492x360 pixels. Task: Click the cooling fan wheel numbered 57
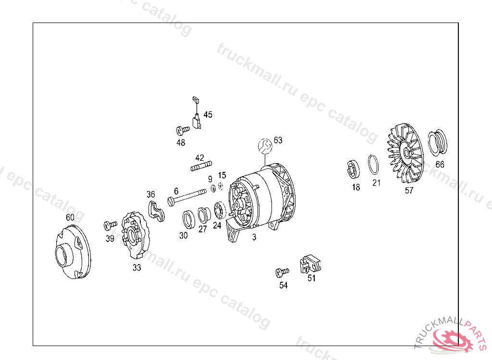click(x=405, y=153)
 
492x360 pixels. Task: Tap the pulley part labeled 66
click(x=437, y=143)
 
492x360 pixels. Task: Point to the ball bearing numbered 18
click(x=353, y=169)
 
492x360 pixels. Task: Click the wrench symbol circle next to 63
click(x=265, y=146)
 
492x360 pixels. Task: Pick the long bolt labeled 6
click(x=187, y=197)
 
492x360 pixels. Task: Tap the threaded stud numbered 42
click(x=201, y=166)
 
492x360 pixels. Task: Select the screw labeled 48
click(x=183, y=130)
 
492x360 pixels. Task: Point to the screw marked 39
click(x=110, y=225)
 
